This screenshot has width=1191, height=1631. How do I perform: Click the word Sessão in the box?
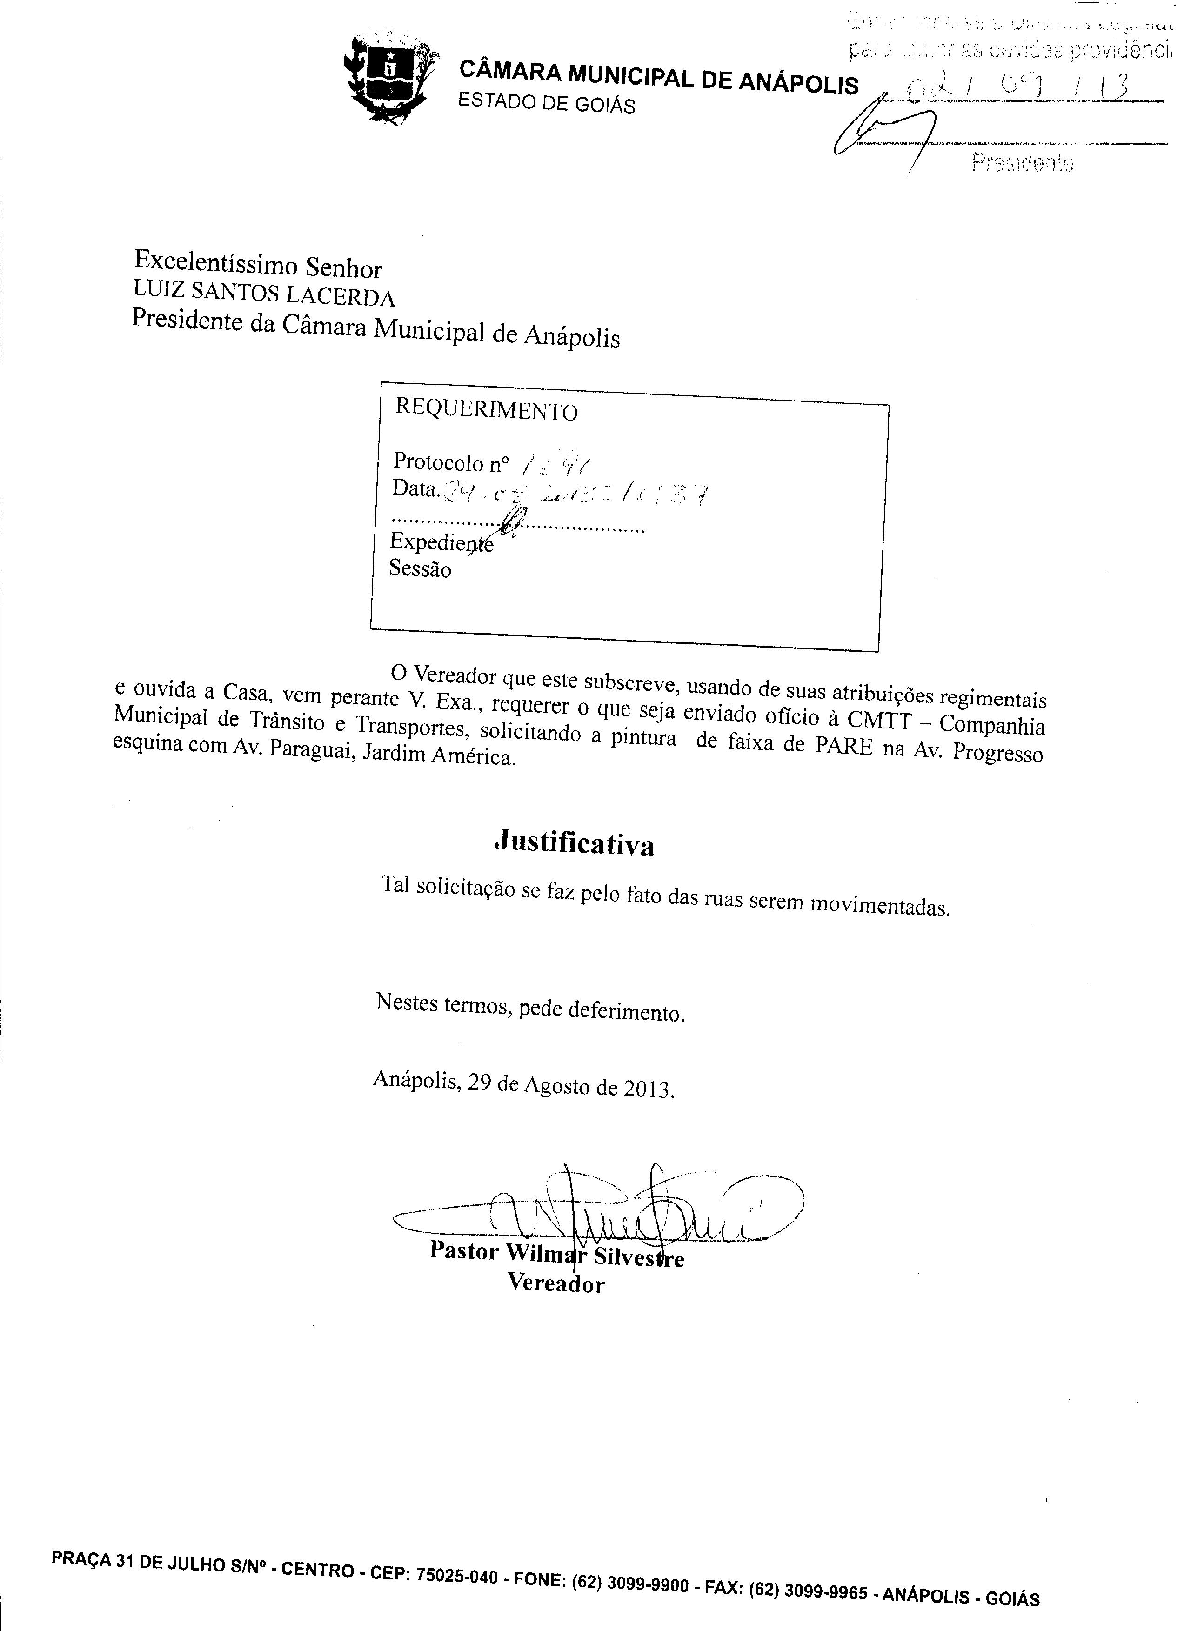click(420, 569)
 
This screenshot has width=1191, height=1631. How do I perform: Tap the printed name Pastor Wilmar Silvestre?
click(556, 1255)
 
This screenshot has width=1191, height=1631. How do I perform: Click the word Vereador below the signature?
click(556, 1283)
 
